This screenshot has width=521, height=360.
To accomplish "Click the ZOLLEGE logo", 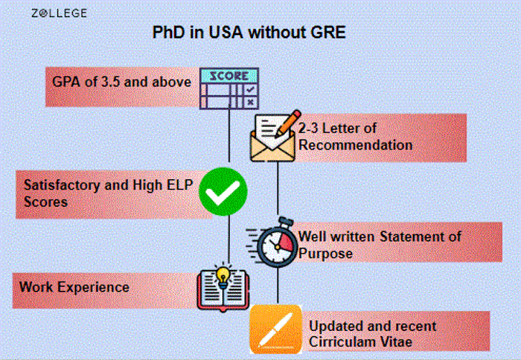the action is pyautogui.click(x=59, y=13).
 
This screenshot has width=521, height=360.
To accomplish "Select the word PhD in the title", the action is pyautogui.click(x=168, y=32).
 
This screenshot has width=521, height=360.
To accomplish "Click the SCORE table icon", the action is pyautogui.click(x=229, y=89).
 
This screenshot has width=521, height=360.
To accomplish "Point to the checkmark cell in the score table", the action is pyautogui.click(x=250, y=90).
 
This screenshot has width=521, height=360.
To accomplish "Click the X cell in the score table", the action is pyautogui.click(x=251, y=103).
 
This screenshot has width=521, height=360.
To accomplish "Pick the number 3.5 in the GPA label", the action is pyautogui.click(x=110, y=82).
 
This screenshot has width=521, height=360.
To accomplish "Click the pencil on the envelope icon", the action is pyautogui.click(x=288, y=124).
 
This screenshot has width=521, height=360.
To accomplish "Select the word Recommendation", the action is pyautogui.click(x=355, y=145).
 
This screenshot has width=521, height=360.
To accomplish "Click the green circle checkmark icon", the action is pyautogui.click(x=223, y=192).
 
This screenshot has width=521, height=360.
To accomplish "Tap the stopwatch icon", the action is pyautogui.click(x=272, y=242).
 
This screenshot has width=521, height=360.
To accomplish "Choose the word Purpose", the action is pyautogui.click(x=325, y=254).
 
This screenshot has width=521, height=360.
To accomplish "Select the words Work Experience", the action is pyautogui.click(x=74, y=287).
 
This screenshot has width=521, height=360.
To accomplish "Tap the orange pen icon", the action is pyautogui.click(x=276, y=329).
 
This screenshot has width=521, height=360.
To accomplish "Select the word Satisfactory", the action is pyautogui.click(x=62, y=185).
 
